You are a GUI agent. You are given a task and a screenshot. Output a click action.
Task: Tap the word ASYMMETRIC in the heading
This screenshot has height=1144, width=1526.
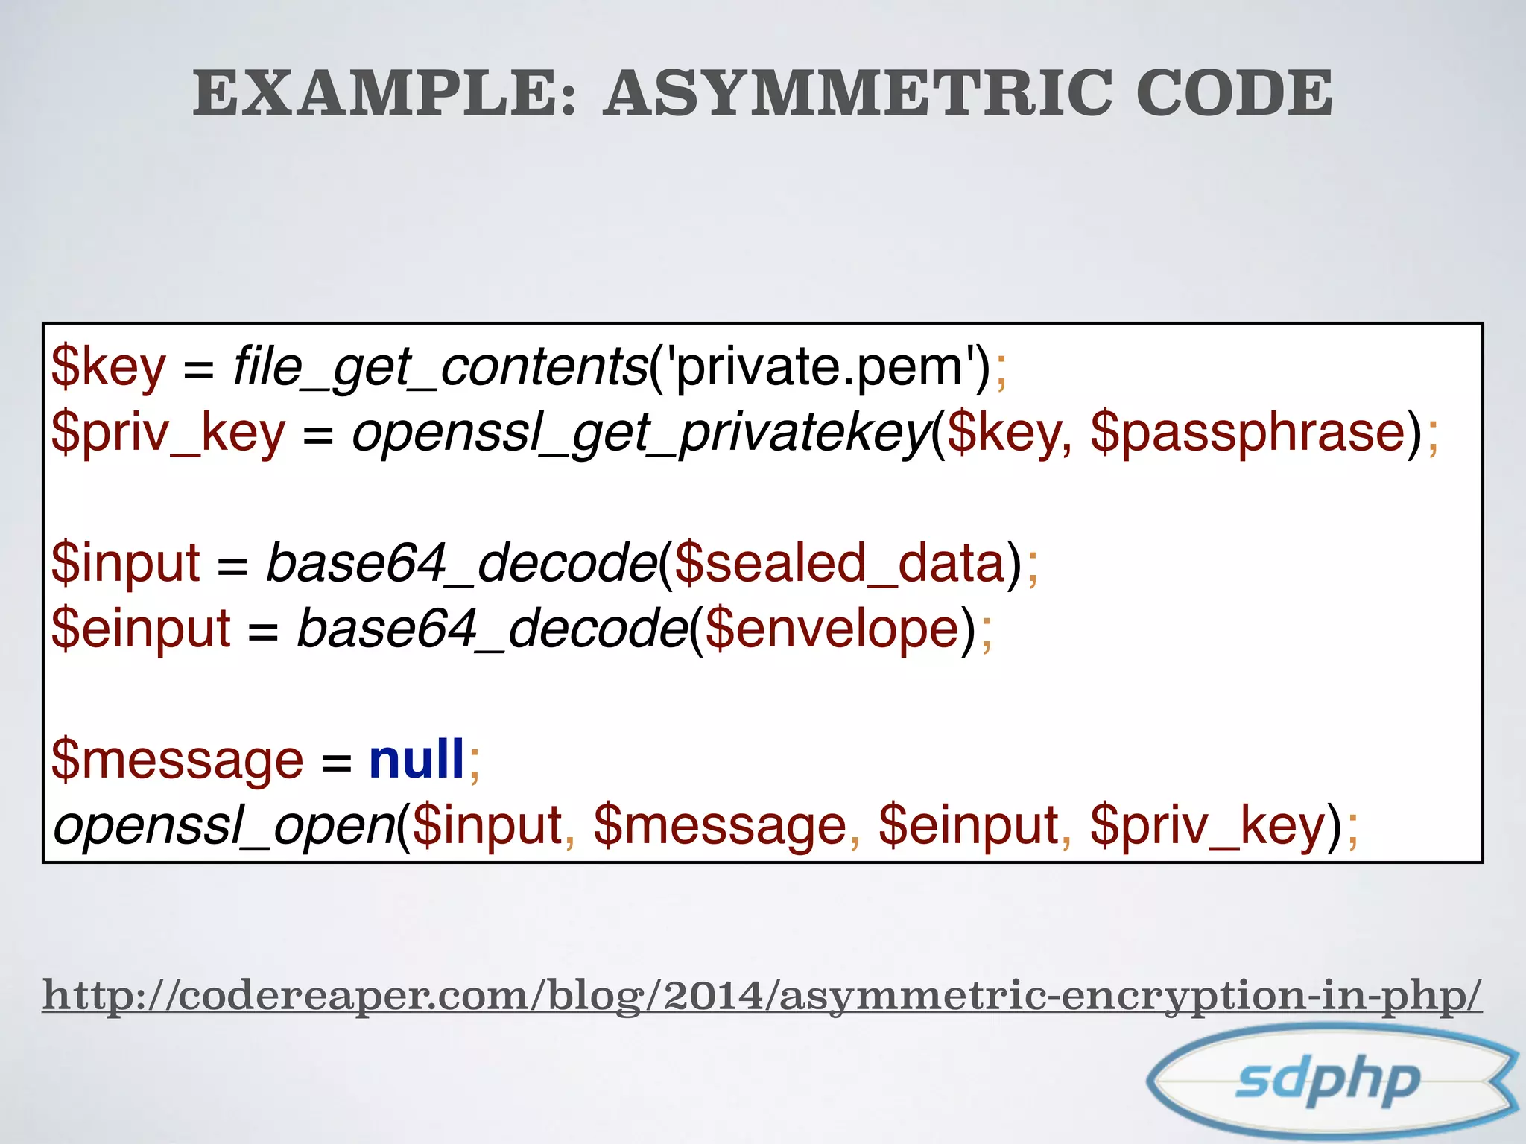click(x=857, y=93)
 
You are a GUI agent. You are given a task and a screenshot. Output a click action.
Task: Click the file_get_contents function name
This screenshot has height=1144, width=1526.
click(x=440, y=367)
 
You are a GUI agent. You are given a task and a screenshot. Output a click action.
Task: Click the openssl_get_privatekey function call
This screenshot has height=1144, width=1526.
click(x=641, y=433)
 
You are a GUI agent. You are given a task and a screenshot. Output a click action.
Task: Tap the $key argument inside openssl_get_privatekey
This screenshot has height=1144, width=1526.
click(x=1003, y=433)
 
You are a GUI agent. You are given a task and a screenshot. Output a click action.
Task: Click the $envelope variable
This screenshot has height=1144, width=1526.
click(x=831, y=629)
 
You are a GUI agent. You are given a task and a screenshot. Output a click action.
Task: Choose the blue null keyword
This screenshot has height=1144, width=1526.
click(x=417, y=759)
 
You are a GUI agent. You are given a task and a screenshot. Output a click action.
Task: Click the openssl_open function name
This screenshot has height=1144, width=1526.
click(x=224, y=825)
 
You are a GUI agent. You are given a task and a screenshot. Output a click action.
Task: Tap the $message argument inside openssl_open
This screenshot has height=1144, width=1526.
click(x=720, y=825)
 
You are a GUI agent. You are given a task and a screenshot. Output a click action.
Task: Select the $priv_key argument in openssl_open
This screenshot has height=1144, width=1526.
click(x=1208, y=825)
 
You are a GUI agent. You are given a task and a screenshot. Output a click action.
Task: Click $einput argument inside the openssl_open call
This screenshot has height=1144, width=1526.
click(x=969, y=825)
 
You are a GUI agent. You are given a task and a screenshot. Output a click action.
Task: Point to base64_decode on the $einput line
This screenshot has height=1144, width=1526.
click(x=492, y=629)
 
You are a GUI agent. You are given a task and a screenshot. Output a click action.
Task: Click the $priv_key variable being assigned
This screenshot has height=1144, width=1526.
click(x=168, y=433)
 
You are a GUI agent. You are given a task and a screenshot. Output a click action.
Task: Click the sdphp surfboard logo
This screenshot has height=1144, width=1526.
click(x=1331, y=1080)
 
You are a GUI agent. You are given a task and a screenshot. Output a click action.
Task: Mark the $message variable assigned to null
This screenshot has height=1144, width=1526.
click(x=177, y=759)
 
